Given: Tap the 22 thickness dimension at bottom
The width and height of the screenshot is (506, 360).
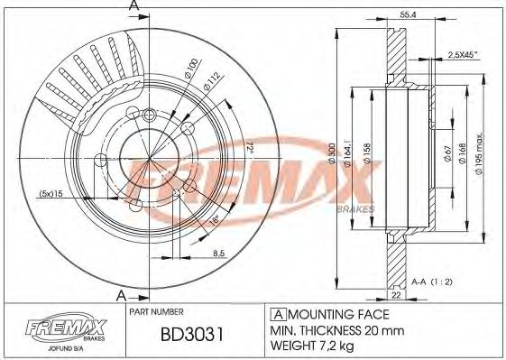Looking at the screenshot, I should coord(396,295).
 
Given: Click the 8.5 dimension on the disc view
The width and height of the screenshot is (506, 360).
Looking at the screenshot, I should coord(219,254).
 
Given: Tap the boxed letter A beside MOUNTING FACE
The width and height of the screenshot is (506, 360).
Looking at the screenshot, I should coord(278,314).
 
